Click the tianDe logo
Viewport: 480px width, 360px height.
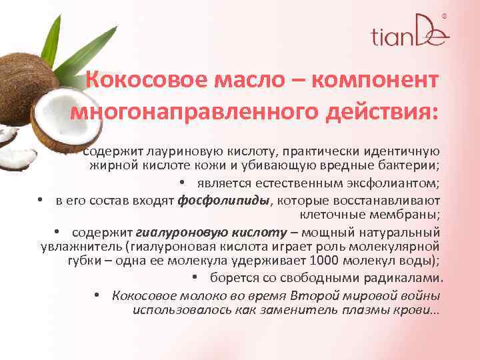tap(409, 33)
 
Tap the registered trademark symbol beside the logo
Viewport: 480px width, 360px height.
tap(445, 16)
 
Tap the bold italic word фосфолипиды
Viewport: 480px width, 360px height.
tap(224, 199)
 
